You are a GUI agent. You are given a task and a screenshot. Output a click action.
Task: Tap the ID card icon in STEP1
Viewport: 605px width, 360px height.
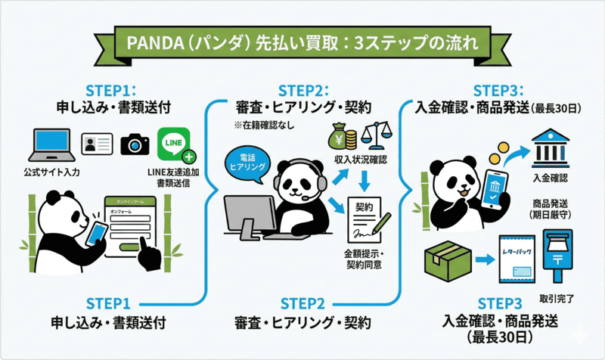[x=97, y=144]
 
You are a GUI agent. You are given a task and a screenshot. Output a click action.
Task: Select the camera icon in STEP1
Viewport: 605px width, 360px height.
[x=136, y=143]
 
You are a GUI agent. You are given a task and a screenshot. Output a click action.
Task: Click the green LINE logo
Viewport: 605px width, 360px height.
[x=173, y=144]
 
